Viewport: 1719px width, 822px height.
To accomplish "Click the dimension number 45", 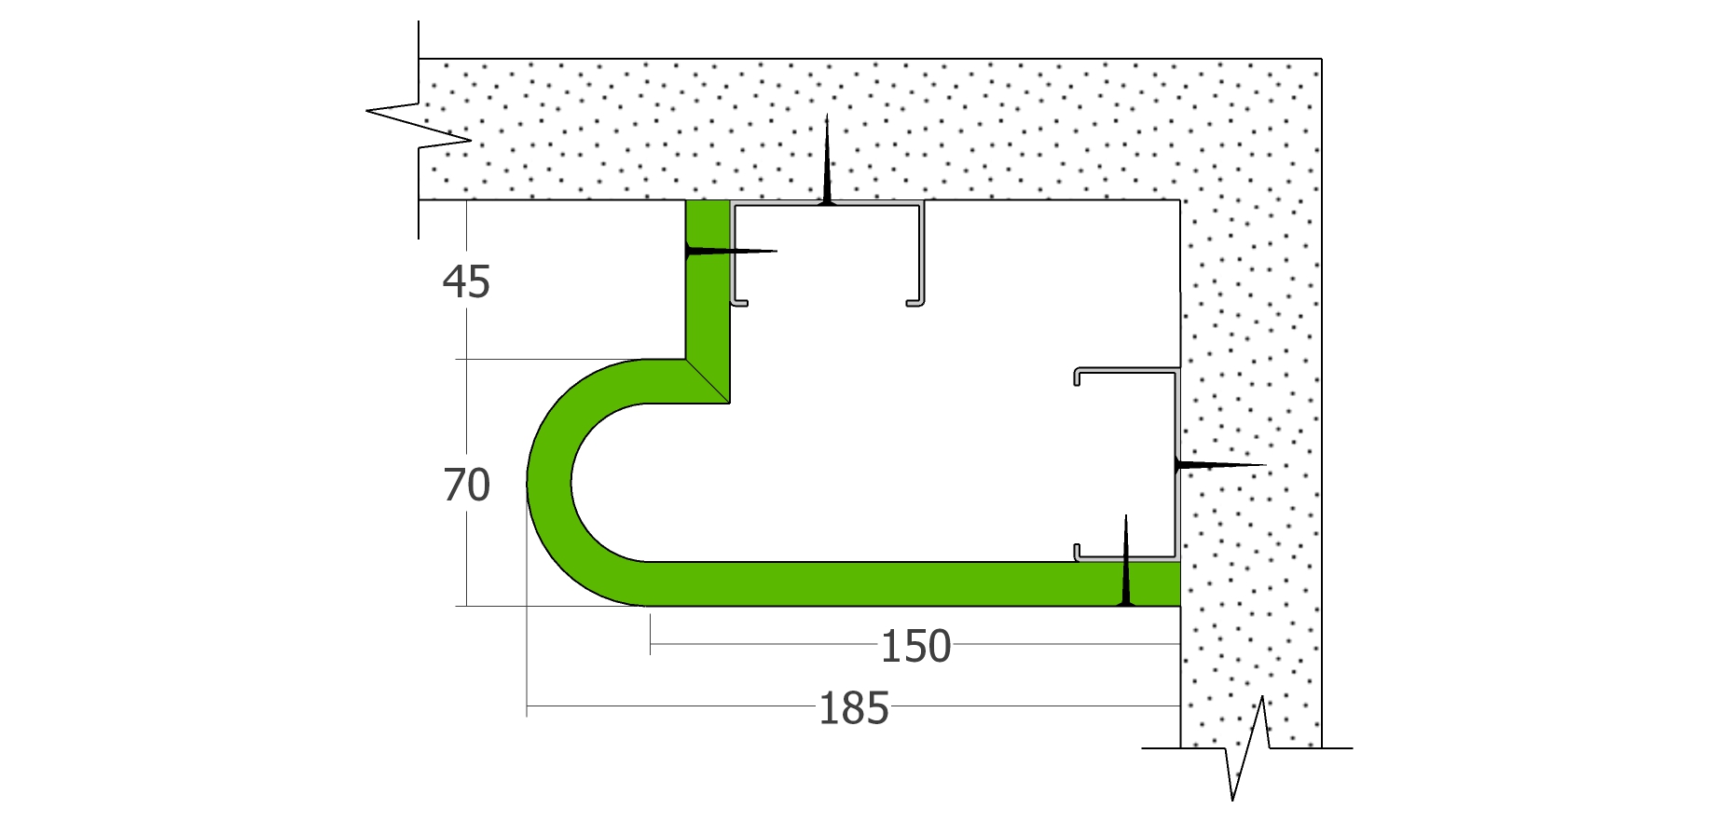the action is pos(466,281).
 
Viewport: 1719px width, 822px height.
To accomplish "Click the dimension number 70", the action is pos(466,486).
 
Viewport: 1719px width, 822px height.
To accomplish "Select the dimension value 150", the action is pos(915,646).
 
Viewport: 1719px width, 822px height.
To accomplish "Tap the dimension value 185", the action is pos(854,708).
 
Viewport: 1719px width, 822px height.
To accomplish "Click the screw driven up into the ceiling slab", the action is pos(827,158).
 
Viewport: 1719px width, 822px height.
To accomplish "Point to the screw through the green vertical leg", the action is pos(731,251).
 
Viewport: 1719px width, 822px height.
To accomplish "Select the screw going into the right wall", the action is pos(1220,464).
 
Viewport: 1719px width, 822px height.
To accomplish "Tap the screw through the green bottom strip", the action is pos(1126,560).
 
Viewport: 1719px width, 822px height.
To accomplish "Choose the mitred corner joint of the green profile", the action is pos(708,381).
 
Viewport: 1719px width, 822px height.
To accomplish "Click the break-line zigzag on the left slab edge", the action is pos(419,126).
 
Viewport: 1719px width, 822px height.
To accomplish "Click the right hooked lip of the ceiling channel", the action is pos(915,302).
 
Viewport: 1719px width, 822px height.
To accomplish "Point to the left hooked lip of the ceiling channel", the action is pos(739,302).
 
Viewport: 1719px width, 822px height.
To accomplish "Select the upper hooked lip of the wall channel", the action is pos(1078,376).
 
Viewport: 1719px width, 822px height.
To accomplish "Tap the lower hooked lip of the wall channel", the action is pos(1078,553).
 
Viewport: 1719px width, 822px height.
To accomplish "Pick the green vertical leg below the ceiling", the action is pos(708,280).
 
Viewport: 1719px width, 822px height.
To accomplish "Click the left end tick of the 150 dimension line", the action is pos(650,644).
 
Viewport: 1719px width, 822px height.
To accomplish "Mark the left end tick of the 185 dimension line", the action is pos(527,706).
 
